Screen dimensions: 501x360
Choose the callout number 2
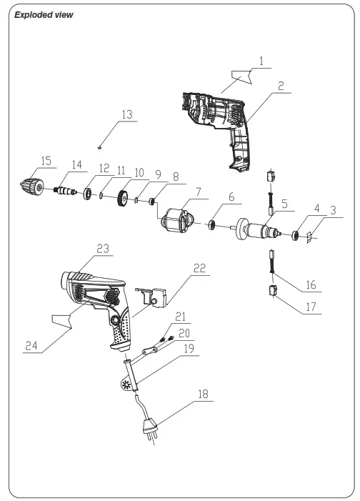pos(282,86)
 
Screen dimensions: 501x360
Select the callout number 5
pos(284,204)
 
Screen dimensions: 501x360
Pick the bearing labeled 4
pos(294,234)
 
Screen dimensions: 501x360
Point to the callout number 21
pos(180,316)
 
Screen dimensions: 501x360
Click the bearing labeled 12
pos(87,194)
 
